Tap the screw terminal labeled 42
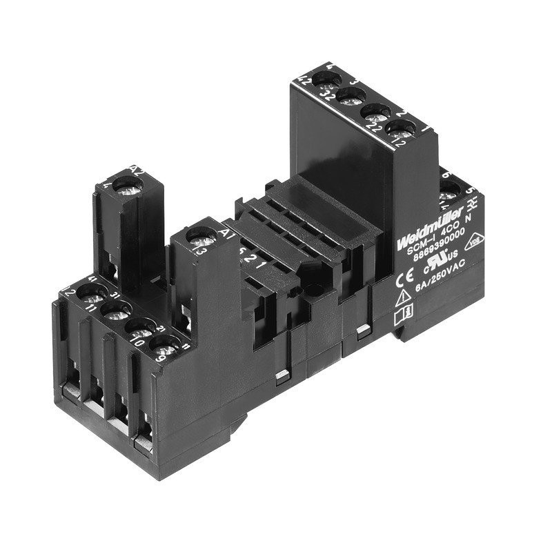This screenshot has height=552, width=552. point(323,79)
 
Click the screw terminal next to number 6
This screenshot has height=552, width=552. point(451,189)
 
